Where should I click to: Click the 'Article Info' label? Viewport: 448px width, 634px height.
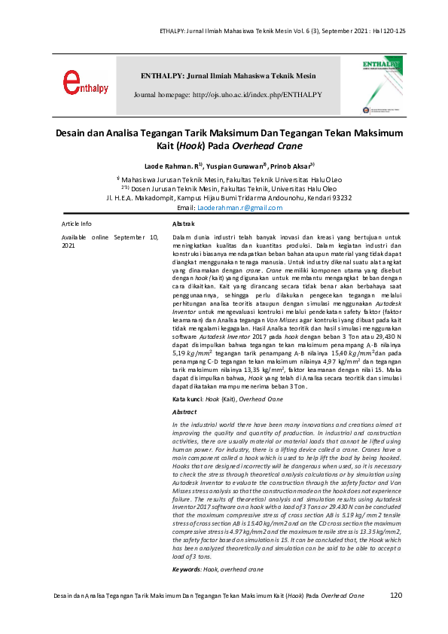click(76, 224)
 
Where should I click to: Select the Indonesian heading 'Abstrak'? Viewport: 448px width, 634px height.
click(184, 224)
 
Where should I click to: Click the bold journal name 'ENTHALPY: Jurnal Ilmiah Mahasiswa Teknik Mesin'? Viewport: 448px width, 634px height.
click(227, 77)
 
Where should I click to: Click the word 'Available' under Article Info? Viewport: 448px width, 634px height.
click(77, 237)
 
